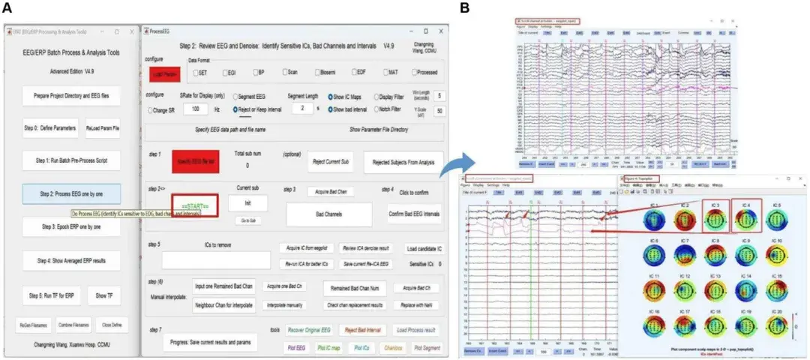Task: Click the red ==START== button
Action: [x=194, y=204]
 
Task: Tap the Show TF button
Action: [x=103, y=295]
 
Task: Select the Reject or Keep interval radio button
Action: [x=236, y=109]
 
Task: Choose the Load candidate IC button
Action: [x=424, y=248]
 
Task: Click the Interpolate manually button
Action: [x=288, y=305]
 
